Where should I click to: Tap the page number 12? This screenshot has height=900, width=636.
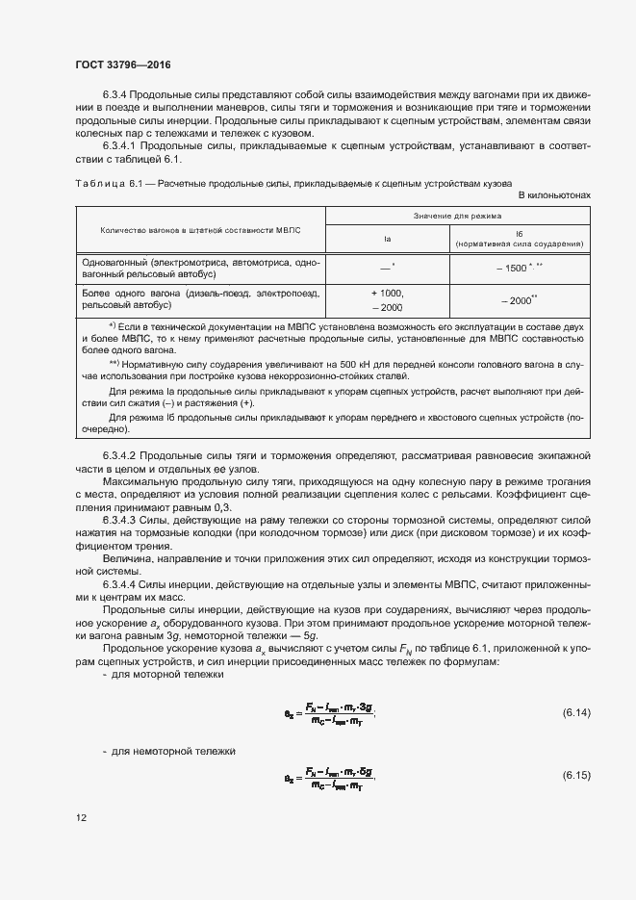82,818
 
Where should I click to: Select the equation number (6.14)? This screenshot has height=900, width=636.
575,712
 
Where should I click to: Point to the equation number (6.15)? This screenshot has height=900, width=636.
575,776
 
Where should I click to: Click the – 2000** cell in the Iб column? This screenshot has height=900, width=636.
519,300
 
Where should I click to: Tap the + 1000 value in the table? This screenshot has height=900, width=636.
387,293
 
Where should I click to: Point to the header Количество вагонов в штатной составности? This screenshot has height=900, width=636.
200,230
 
